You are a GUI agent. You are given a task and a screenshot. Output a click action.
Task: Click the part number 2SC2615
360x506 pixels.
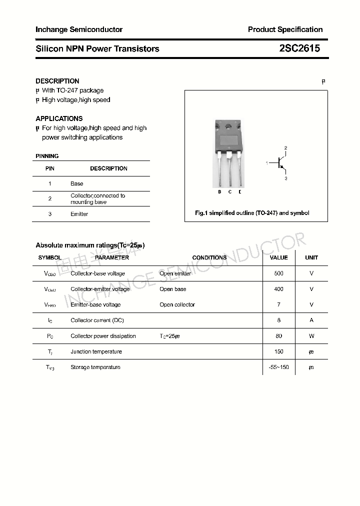[299, 48]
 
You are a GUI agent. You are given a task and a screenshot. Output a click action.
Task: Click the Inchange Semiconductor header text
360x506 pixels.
[79, 29]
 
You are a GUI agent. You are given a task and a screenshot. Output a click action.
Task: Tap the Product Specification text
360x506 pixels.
[285, 29]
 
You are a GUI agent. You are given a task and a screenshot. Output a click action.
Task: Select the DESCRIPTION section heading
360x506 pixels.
[57, 81]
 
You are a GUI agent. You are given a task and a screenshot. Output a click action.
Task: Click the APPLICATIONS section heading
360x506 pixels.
[59, 118]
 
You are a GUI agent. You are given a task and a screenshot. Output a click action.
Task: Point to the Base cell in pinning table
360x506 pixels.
[77, 183]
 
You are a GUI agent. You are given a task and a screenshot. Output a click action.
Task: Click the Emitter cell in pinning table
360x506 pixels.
[79, 214]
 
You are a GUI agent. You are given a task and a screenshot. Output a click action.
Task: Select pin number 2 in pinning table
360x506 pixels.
[50, 198]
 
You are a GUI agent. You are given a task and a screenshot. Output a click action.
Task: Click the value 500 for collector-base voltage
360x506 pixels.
[278, 273]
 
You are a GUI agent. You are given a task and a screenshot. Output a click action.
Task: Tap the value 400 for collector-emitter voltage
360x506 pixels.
[278, 289]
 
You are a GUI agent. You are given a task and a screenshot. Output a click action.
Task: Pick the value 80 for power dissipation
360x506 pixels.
[278, 336]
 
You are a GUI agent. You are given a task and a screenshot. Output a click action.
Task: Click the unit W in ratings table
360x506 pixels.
[311, 336]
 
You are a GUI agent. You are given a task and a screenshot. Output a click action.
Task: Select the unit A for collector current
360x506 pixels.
[311, 320]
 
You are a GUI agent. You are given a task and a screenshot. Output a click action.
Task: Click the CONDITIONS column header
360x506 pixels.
[209, 257]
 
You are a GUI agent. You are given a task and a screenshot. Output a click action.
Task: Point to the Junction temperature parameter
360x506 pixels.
[96, 351]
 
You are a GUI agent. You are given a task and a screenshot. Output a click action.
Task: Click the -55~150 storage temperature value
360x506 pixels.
[278, 367]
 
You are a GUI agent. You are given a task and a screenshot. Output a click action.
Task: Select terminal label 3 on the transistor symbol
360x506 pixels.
[286, 178]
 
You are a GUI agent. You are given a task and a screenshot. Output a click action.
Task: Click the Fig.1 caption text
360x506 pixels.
[252, 213]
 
